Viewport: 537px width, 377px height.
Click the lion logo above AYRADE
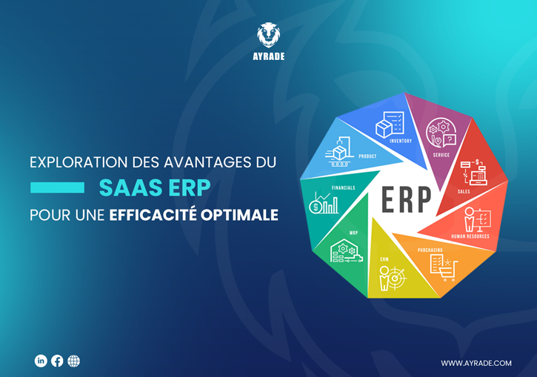pos(268,34)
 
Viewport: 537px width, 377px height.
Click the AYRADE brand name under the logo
pos(268,56)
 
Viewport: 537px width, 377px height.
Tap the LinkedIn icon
pos(41,361)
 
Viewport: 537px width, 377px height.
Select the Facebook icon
pos(57,361)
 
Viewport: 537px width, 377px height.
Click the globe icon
pos(73,361)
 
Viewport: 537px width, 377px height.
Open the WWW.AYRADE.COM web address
pos(476,363)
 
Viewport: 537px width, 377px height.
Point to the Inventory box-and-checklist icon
pos(389,124)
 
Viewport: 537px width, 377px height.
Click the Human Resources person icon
pos(473,219)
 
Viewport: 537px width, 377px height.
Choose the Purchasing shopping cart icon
pos(444,267)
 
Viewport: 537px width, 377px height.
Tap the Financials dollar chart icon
pos(325,203)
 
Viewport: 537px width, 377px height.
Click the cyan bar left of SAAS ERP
pos(57,188)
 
